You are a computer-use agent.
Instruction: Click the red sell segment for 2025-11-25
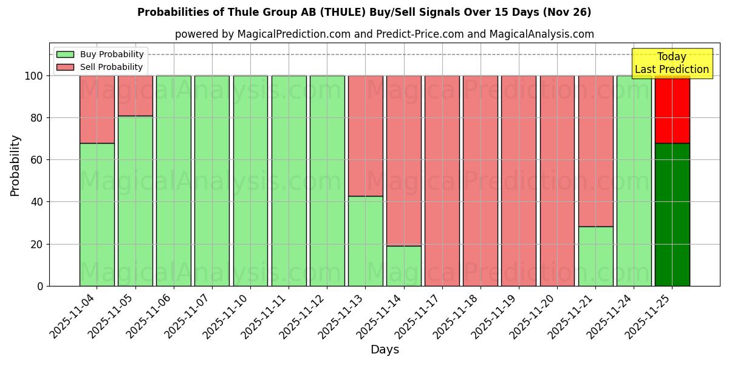pyautogui.click(x=672, y=109)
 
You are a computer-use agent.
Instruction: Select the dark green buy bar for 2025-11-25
pyautogui.click(x=672, y=214)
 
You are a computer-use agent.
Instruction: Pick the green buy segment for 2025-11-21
pyautogui.click(x=595, y=256)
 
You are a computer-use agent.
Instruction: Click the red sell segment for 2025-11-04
pyautogui.click(x=97, y=109)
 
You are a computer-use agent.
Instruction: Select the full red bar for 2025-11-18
pyautogui.click(x=480, y=181)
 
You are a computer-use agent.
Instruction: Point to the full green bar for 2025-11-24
pyautogui.click(x=634, y=181)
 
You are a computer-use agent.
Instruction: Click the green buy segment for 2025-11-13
pyautogui.click(x=365, y=241)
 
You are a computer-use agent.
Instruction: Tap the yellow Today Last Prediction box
pyautogui.click(x=671, y=63)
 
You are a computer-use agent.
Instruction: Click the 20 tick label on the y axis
pyautogui.click(x=36, y=245)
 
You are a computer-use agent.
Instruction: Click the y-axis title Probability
pyautogui.click(x=15, y=165)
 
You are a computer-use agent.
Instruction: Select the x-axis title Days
pyautogui.click(x=385, y=350)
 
